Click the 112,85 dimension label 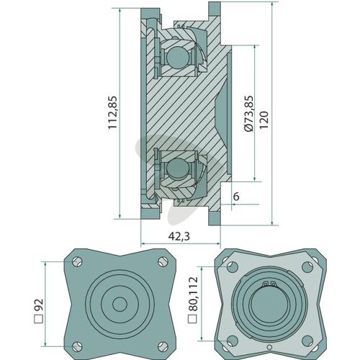coord(112,112)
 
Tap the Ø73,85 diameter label coord(248,114)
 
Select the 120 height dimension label coord(264,120)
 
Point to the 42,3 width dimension coord(179,236)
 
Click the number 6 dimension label coord(236,197)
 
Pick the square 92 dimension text coord(38,311)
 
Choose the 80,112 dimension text coord(193,300)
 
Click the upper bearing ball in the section coord(178,57)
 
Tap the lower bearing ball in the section coord(178,168)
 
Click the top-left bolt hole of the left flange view coord(77,262)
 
